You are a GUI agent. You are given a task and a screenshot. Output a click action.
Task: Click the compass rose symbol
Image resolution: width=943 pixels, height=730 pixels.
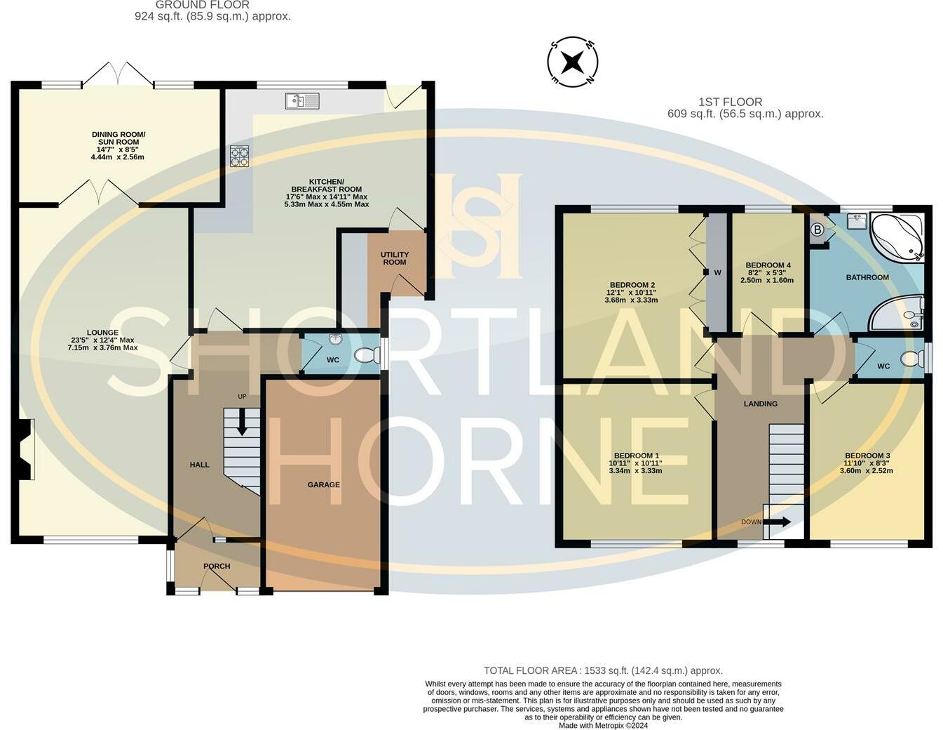572,62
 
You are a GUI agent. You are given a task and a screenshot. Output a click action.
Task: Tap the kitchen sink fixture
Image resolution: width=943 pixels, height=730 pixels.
302,102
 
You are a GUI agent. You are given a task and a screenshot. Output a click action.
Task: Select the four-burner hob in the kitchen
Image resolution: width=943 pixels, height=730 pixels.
239,156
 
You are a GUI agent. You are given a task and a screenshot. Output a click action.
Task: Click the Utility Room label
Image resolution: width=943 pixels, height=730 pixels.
395,258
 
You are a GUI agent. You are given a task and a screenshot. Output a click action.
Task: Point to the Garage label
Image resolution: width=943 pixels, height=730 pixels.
323,484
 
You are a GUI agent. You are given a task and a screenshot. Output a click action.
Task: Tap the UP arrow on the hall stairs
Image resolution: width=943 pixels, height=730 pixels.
242,423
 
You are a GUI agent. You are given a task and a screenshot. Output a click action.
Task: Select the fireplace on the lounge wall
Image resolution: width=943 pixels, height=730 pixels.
26,450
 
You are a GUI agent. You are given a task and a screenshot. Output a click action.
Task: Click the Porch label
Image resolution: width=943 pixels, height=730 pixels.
217,566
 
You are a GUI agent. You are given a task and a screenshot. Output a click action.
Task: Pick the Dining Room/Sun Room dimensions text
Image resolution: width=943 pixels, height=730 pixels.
118,153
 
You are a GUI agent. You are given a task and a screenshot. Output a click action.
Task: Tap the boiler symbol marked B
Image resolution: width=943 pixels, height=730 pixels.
817,230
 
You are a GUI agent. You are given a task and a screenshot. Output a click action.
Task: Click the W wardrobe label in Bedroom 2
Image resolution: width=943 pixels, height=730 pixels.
717,272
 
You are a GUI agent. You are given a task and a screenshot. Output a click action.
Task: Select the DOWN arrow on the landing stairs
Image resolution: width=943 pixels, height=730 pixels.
776,522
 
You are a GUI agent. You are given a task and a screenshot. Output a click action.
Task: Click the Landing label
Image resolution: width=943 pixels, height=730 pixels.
760,404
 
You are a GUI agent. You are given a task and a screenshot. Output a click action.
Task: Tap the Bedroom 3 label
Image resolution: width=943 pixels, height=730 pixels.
867,456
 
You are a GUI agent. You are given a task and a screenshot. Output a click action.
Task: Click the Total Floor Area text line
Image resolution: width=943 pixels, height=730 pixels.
603,670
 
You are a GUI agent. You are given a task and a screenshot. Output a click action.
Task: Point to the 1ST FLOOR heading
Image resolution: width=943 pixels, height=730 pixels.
730,102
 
